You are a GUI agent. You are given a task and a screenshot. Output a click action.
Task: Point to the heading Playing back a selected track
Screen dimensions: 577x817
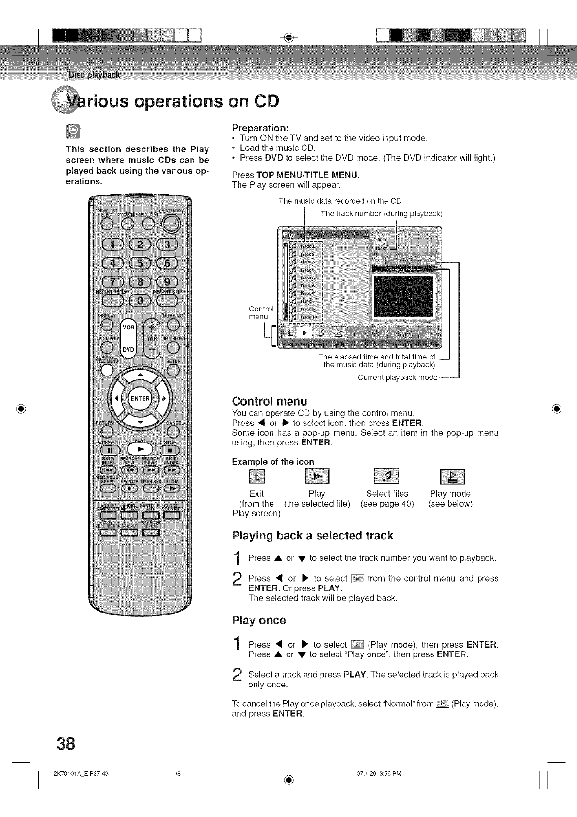click(312, 536)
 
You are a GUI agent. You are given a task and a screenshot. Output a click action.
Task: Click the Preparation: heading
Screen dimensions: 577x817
click(260, 128)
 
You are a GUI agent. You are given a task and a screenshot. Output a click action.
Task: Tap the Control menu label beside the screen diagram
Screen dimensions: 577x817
click(261, 313)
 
